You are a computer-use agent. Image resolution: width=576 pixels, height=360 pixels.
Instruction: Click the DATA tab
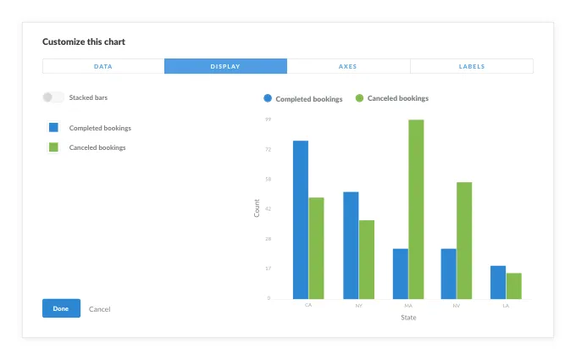[103, 66]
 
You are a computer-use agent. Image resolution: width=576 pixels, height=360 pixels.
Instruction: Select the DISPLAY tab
[225, 66]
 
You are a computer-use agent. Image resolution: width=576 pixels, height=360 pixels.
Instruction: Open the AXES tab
[348, 66]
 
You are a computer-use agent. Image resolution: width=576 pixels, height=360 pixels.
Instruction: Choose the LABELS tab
[472, 66]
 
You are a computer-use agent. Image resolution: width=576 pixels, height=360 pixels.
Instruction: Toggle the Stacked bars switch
[53, 97]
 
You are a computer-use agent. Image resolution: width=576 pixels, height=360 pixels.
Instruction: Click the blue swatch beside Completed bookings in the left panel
[53, 128]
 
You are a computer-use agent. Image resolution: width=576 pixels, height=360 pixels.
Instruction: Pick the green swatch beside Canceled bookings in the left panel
[53, 147]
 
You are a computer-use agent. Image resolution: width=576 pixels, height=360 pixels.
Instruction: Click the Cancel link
[99, 309]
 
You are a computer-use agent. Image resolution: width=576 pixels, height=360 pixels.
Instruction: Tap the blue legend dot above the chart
[268, 98]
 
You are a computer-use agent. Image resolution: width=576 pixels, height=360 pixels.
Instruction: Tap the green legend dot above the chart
[359, 98]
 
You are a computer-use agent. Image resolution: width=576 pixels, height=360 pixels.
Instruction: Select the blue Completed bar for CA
[301, 219]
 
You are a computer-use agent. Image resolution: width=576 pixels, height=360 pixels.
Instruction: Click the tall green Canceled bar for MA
[416, 209]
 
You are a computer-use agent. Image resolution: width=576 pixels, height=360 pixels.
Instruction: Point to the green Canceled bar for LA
[514, 285]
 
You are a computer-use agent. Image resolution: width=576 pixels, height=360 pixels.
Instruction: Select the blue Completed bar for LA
[498, 282]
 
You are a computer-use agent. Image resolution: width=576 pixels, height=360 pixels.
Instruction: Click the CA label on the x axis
[308, 305]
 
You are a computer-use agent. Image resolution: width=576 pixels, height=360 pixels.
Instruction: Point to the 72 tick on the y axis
[268, 149]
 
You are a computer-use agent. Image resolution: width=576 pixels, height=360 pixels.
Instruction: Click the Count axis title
[258, 208]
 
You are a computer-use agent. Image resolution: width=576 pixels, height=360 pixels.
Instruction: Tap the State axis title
[408, 318]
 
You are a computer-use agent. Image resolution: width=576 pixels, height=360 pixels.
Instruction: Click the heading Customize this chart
[84, 42]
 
